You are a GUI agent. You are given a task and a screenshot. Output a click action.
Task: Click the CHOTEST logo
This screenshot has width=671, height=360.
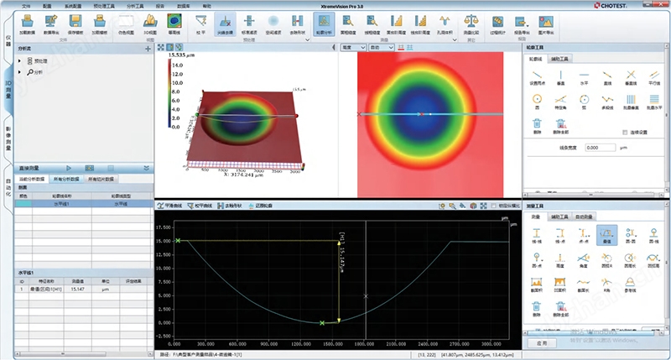(x=640, y=6)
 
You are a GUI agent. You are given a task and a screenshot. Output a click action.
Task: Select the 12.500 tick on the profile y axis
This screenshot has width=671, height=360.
(x=164, y=257)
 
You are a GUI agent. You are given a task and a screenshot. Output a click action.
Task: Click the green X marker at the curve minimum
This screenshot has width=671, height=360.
(x=322, y=322)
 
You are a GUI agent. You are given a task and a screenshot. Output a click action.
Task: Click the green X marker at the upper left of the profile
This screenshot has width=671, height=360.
(x=178, y=241)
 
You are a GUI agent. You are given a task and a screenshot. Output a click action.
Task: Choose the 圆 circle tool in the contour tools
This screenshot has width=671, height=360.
(x=538, y=101)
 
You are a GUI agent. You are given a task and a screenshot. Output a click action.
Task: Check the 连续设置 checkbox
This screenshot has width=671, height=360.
(x=624, y=133)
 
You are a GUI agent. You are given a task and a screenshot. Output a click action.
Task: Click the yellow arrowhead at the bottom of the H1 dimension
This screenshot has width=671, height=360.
(x=339, y=319)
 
